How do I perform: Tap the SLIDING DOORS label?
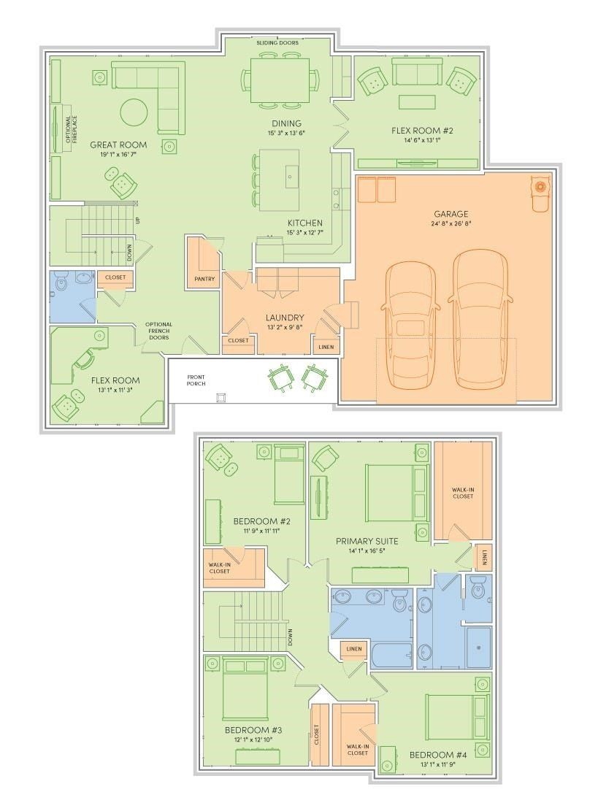click(277, 43)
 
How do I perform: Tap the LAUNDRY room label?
click(285, 318)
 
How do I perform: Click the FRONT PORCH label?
click(195, 380)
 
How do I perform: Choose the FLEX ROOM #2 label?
click(423, 131)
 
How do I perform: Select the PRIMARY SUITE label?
click(367, 541)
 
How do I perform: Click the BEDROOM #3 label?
click(248, 729)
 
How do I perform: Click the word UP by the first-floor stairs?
click(137, 220)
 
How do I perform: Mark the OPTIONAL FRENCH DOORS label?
click(158, 331)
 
